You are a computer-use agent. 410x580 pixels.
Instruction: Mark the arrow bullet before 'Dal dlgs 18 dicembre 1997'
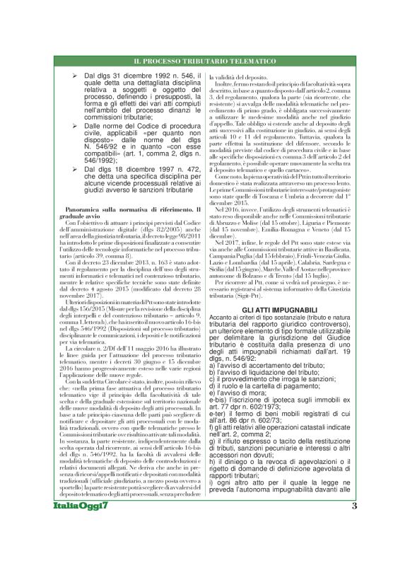tap(65, 170)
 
